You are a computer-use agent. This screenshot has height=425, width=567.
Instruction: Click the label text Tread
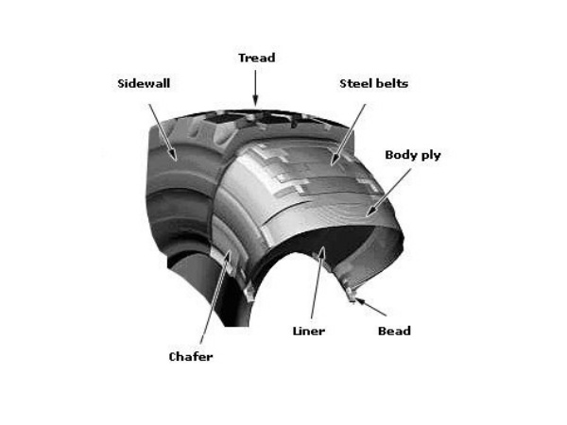[255, 58]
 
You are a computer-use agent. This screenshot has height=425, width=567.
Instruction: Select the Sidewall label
[143, 83]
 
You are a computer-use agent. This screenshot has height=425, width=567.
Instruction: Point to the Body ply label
[413, 154]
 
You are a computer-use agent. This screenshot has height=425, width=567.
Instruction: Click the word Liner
[309, 331]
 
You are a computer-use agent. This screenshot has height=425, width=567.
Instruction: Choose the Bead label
[394, 331]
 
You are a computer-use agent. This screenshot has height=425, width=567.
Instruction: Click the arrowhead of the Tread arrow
[255, 102]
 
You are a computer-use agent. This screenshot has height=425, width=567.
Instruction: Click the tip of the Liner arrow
[321, 250]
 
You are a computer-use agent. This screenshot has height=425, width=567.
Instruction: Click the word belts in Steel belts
[389, 83]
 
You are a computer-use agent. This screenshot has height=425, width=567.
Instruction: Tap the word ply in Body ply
[430, 155]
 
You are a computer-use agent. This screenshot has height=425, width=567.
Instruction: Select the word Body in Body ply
[401, 154]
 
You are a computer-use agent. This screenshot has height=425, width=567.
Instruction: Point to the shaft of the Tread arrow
[255, 83]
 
